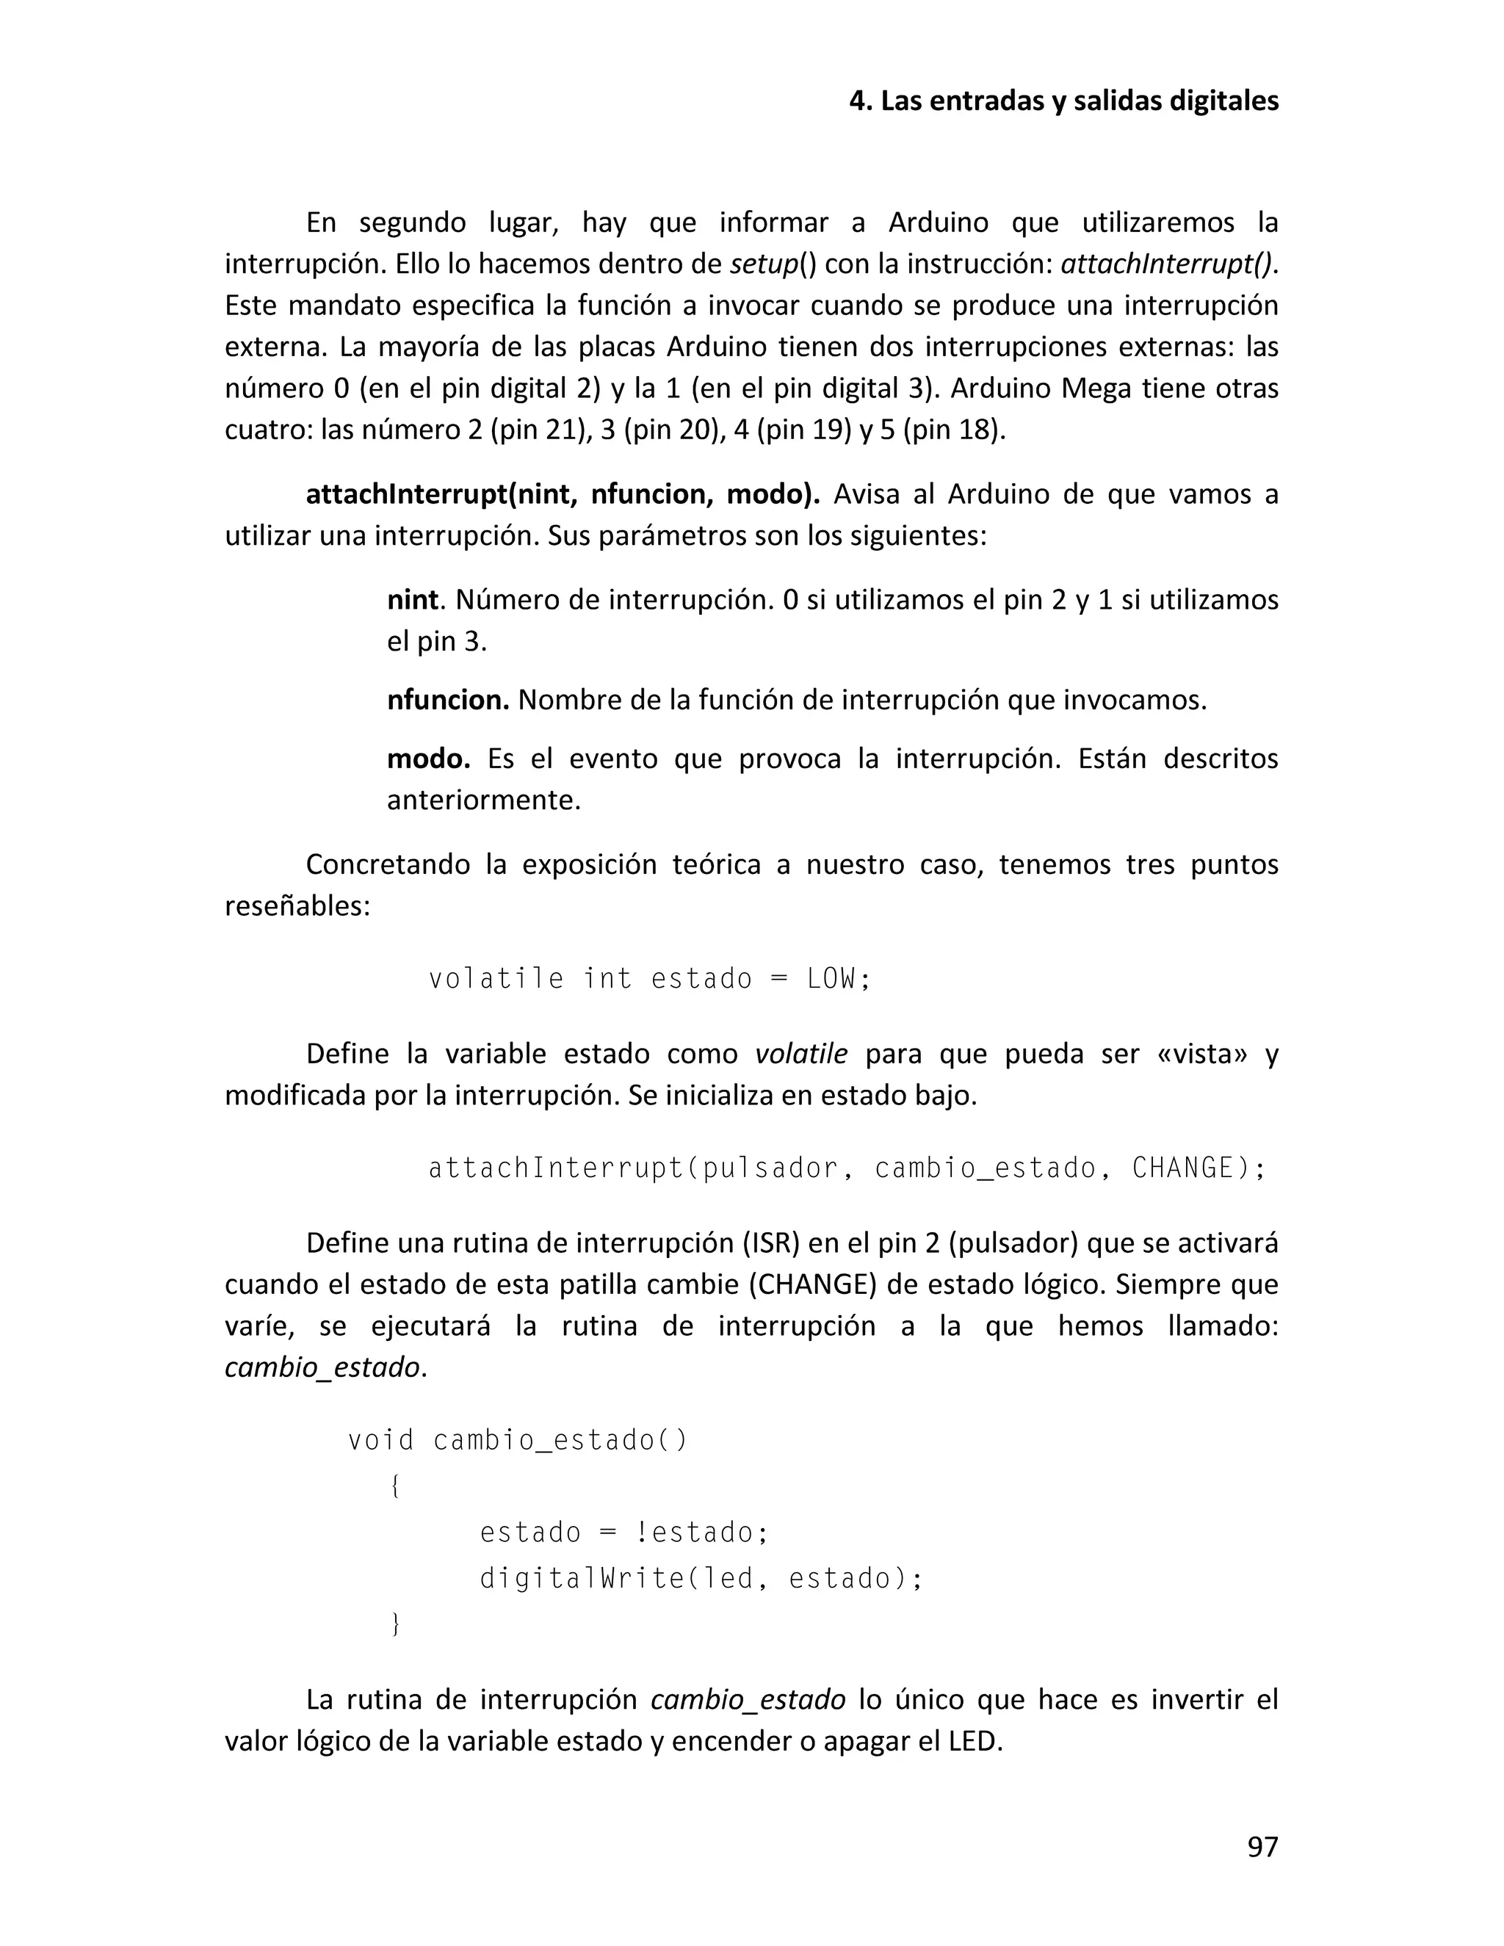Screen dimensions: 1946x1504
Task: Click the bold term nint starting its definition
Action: pos(413,600)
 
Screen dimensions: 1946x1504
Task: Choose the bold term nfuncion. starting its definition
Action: pos(447,701)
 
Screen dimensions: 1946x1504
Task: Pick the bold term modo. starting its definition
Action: pos(427,759)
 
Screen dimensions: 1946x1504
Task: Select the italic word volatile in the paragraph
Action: pos(801,1054)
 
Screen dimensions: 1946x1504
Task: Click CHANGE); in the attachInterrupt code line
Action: pos(1198,1168)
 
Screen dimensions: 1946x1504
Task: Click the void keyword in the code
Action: pos(380,1441)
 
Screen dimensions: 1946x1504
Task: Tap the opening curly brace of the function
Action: pos(394,1486)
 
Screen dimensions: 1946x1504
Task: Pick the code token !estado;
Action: pos(701,1533)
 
